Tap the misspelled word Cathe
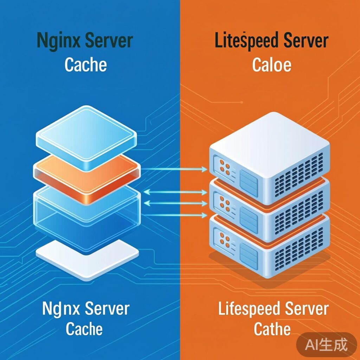pos(272,329)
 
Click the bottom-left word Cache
pos(84,329)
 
